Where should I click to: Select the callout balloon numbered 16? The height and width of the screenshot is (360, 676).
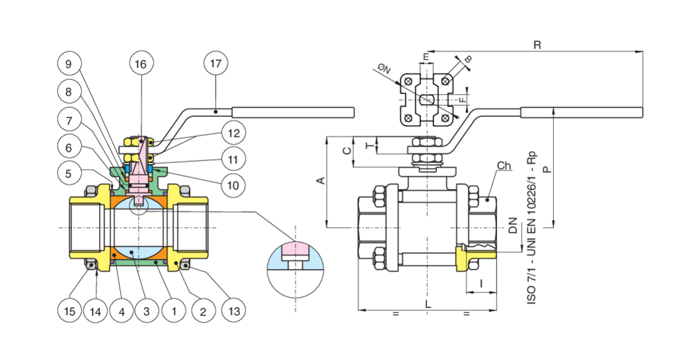point(141,64)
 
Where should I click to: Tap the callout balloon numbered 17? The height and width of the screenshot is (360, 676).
point(215,64)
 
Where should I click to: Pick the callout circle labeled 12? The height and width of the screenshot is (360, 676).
point(232,132)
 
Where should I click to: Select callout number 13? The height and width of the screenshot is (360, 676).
point(232,310)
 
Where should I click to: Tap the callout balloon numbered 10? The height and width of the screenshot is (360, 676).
point(232,185)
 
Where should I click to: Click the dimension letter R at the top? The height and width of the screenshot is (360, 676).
point(537,45)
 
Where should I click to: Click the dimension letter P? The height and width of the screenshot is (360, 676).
point(547,169)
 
